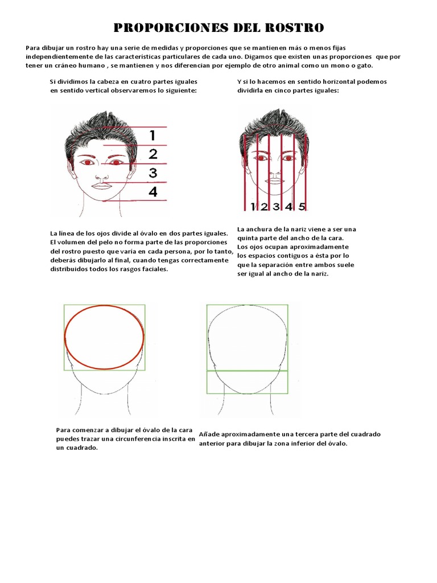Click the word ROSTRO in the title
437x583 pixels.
coord(294,27)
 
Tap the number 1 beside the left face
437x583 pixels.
coord(152,135)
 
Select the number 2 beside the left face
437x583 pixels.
coord(152,154)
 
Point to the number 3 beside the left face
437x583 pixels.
coord(152,173)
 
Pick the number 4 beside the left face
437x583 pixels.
coord(152,192)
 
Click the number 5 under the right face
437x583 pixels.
coord(302,206)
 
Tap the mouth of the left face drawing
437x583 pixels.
coord(101,186)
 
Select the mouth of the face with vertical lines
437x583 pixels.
coord(275,181)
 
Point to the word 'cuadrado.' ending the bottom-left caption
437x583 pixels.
coord(81,448)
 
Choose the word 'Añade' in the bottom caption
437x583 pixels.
coord(211,434)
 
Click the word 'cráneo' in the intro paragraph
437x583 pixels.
coord(70,65)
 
